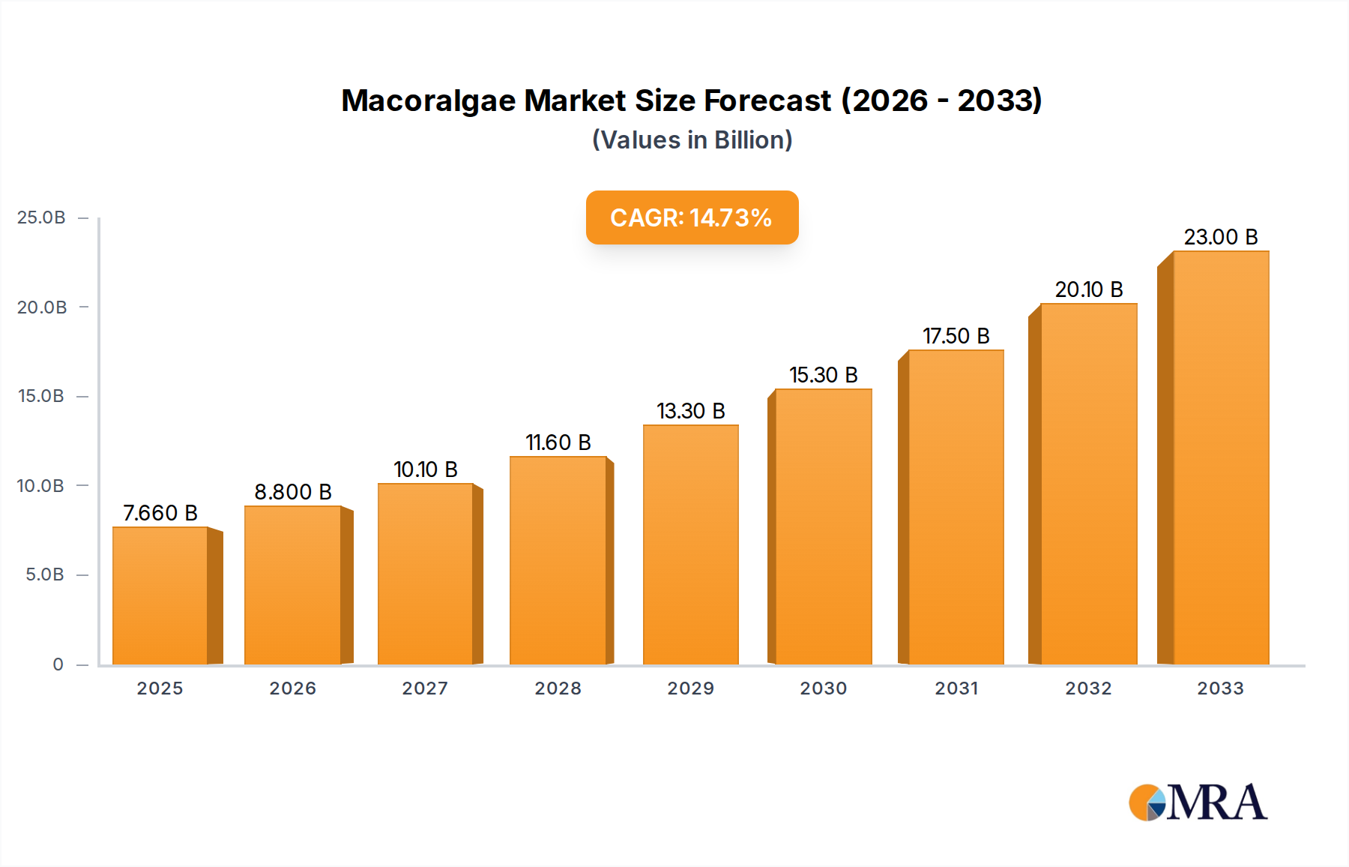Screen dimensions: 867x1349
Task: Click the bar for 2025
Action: (160, 595)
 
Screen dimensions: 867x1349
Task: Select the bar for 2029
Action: (691, 544)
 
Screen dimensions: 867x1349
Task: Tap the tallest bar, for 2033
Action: (1221, 457)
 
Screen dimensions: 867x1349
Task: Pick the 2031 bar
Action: (956, 507)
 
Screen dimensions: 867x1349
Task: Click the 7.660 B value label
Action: (160, 513)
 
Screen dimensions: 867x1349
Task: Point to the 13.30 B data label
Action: (691, 411)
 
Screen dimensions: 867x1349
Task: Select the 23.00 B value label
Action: (1221, 237)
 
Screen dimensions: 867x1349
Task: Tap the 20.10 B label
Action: (1089, 289)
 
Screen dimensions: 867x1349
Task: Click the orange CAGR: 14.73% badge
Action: (692, 217)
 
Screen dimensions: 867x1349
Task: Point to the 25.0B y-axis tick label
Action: (41, 217)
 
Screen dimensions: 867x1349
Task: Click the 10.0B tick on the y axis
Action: (40, 486)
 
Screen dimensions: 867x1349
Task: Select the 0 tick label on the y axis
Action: (58, 664)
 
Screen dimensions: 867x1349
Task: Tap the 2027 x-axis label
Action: (425, 688)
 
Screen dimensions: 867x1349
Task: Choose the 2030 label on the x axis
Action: (823, 688)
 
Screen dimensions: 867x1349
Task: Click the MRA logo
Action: (1198, 802)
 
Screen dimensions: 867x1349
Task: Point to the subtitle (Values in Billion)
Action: (692, 140)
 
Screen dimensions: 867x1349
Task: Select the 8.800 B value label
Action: (293, 492)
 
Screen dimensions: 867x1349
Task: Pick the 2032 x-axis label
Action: (1088, 688)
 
